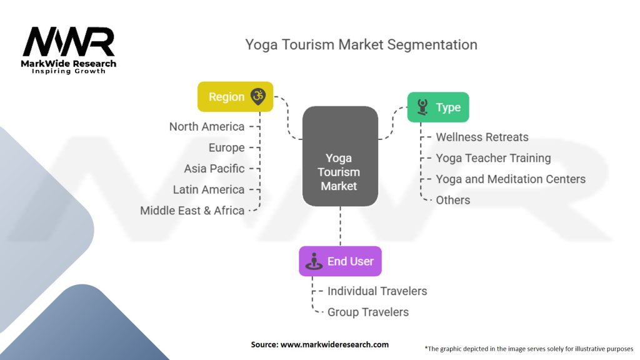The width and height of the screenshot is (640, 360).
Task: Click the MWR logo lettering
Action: [68, 42]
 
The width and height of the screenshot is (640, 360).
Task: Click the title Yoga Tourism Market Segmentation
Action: [361, 45]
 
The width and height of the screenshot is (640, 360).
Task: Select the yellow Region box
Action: [235, 97]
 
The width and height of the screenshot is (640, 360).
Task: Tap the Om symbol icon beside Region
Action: [257, 96]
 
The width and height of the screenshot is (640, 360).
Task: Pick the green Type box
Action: [437, 107]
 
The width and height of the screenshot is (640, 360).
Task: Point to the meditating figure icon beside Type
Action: [423, 107]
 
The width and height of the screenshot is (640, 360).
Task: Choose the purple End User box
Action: [340, 261]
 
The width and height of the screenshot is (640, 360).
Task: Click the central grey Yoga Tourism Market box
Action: [340, 157]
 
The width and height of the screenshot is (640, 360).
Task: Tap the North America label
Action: [207, 127]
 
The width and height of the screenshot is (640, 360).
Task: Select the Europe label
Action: [226, 147]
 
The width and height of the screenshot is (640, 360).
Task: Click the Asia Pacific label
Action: [214, 169]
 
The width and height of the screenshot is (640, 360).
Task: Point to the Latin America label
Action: [209, 189]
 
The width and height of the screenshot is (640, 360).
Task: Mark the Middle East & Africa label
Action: [192, 211]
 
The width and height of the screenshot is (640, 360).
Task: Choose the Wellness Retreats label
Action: [482, 137]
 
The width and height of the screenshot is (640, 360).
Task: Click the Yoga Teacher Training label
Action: [493, 158]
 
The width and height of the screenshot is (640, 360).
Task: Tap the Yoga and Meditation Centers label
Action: [511, 179]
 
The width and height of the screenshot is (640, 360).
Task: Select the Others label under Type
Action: [452, 200]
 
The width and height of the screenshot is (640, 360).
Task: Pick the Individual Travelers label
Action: [377, 291]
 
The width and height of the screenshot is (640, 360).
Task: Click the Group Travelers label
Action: [368, 312]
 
